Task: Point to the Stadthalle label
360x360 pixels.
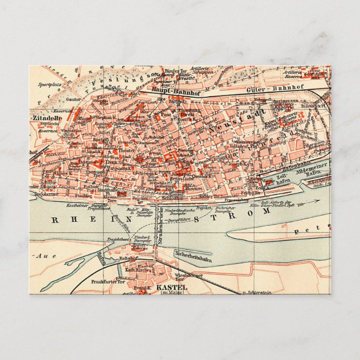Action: point(106,190)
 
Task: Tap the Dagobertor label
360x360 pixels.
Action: point(42,193)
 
